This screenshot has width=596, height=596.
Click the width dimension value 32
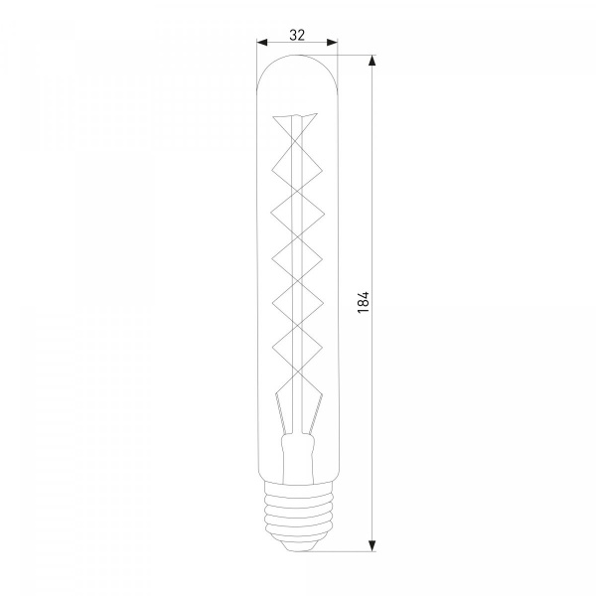click(x=297, y=35)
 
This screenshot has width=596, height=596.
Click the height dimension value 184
click(x=364, y=302)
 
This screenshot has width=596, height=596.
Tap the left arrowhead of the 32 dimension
click(x=262, y=42)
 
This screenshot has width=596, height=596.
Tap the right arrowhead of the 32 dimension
click(x=332, y=42)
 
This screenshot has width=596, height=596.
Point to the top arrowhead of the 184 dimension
click(x=372, y=61)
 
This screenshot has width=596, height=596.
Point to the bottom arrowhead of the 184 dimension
click(x=372, y=545)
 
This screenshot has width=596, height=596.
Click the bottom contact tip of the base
click(x=297, y=547)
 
